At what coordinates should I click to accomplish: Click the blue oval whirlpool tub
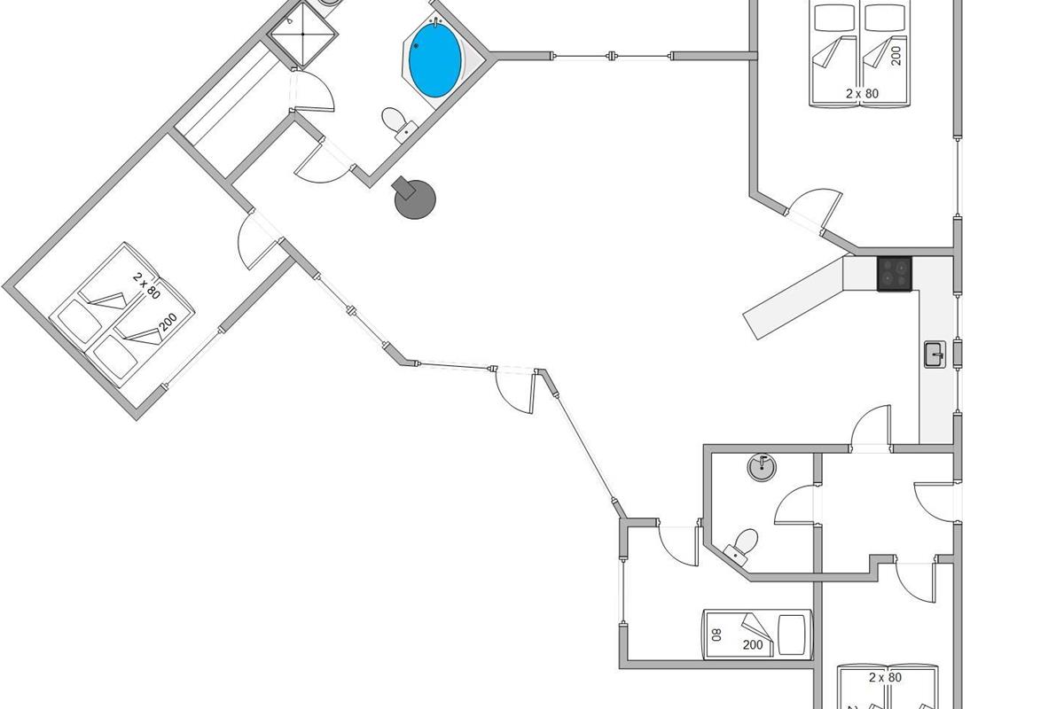coord(435,60)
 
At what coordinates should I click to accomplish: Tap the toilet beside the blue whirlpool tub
coord(398,123)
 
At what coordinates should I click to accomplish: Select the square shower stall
coord(302,34)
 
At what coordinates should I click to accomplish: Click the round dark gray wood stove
coord(414,198)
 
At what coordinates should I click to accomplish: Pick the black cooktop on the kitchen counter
coord(895,274)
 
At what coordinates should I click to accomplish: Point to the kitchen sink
coord(935,354)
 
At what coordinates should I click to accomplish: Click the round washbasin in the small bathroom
coord(762,467)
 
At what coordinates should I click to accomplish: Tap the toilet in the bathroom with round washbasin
coord(741,547)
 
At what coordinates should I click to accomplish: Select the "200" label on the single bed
coord(753,644)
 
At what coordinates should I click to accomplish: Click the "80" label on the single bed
coord(716,635)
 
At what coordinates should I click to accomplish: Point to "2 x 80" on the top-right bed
coord(862,94)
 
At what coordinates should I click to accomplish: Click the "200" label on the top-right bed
coord(896,56)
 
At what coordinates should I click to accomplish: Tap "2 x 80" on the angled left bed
coord(146,285)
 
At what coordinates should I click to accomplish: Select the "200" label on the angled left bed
coord(168,322)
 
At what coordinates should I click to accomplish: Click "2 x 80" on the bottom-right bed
coord(886,678)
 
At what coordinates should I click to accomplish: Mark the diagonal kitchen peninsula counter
coord(793,299)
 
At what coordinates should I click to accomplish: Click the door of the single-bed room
coord(679,544)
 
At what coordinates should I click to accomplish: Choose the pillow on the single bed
coord(792,635)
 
